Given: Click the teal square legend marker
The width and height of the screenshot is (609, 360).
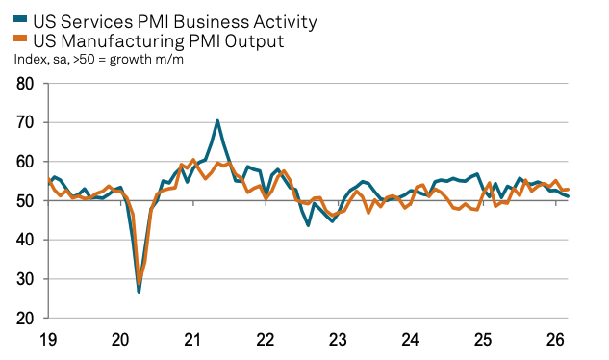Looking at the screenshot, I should click(19, 20).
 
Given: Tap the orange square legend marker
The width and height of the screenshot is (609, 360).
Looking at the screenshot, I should click(19, 40).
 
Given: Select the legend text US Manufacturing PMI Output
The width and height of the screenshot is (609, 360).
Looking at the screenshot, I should click(159, 40).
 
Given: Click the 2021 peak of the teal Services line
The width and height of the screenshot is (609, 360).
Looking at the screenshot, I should click(217, 120).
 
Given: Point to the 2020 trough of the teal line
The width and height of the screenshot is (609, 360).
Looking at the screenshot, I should click(139, 291).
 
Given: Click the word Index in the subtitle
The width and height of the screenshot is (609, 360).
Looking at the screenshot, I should click(30, 60).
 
